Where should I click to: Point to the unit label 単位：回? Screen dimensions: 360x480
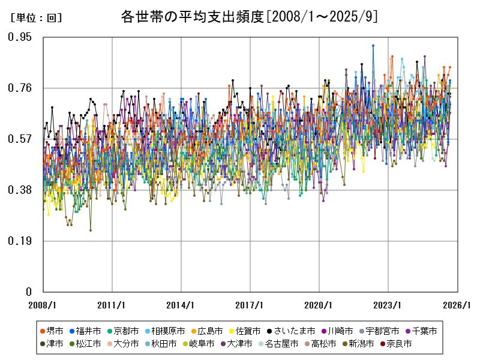point(36,18)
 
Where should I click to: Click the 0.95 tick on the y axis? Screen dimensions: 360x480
point(20,37)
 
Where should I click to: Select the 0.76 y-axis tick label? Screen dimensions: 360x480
point(20,88)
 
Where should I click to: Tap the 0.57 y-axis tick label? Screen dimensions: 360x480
point(20,139)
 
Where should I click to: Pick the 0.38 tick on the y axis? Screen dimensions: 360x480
point(20,190)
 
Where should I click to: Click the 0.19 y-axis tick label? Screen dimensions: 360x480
point(20,241)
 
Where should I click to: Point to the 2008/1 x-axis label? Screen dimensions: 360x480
point(43,305)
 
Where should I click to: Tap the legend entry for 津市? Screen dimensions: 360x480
point(52,344)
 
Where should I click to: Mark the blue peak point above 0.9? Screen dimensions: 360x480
point(373,46)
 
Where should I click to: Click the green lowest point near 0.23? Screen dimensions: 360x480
point(91,230)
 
